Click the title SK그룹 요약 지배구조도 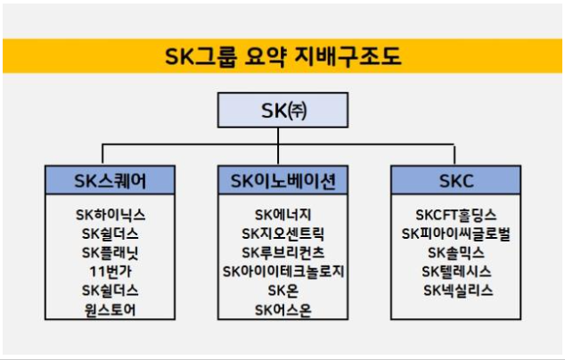pyautogui.click(x=282, y=56)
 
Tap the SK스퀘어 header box pyautogui.click(x=111, y=181)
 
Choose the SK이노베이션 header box pyautogui.click(x=282, y=181)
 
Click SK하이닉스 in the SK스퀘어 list pyautogui.click(x=111, y=215)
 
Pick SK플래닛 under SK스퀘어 pyautogui.click(x=111, y=253)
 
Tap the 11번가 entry pyautogui.click(x=111, y=272)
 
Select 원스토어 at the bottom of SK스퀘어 pyautogui.click(x=111, y=310)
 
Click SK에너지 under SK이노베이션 pyautogui.click(x=282, y=215)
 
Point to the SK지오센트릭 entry pyautogui.click(x=282, y=233)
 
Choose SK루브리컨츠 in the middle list pyautogui.click(x=282, y=253)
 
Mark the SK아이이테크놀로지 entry pyautogui.click(x=282, y=272)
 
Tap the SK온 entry pyautogui.click(x=282, y=290)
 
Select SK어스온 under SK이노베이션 pyautogui.click(x=282, y=310)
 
